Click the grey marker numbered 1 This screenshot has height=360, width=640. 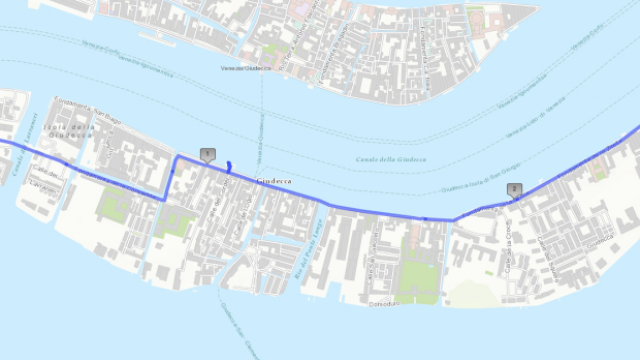[207, 154]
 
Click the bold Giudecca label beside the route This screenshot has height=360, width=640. [274, 181]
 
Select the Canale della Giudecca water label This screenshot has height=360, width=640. [391, 160]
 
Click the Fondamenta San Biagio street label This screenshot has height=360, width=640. [86, 104]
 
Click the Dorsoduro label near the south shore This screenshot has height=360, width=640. [383, 302]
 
